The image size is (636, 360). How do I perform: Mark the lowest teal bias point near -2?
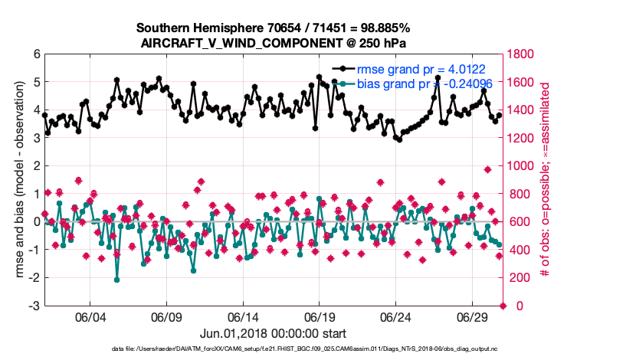(x=116, y=280)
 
